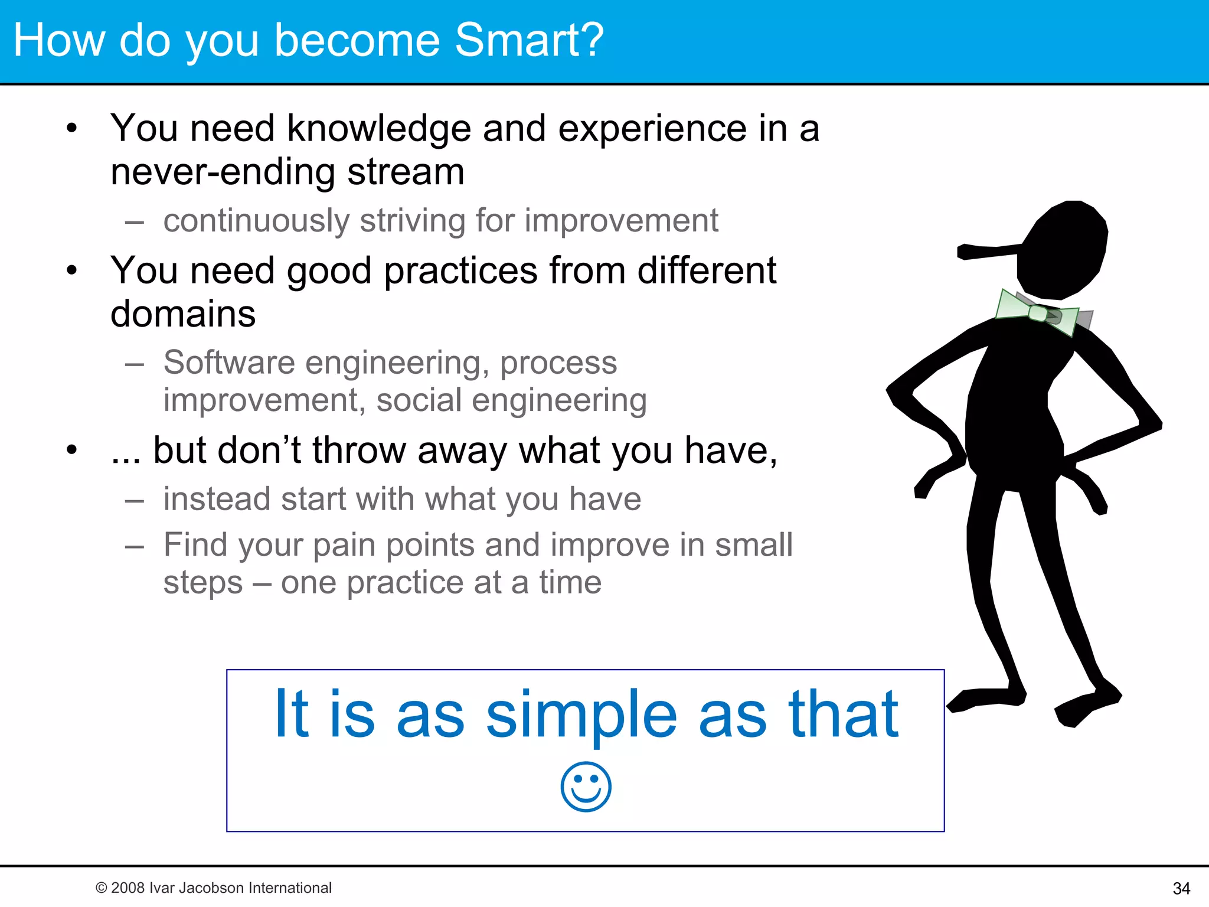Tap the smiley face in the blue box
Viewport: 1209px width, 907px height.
click(586, 787)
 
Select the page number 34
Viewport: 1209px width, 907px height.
click(1181, 888)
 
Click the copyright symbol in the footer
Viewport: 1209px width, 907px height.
click(101, 888)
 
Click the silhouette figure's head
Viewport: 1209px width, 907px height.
click(1063, 248)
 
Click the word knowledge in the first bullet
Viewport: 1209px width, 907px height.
click(378, 129)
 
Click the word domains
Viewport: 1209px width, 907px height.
click(183, 314)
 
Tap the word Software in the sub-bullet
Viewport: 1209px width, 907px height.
click(229, 362)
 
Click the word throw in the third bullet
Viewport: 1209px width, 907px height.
click(359, 451)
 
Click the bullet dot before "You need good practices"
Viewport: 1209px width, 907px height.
click(72, 270)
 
